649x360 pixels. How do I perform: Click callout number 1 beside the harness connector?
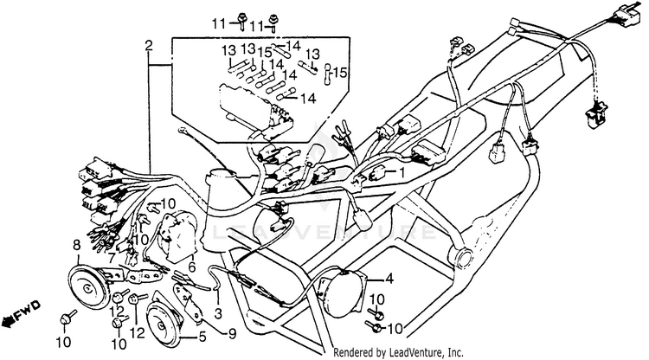402,173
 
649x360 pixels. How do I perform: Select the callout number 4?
389,279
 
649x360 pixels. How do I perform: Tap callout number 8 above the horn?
78,245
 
